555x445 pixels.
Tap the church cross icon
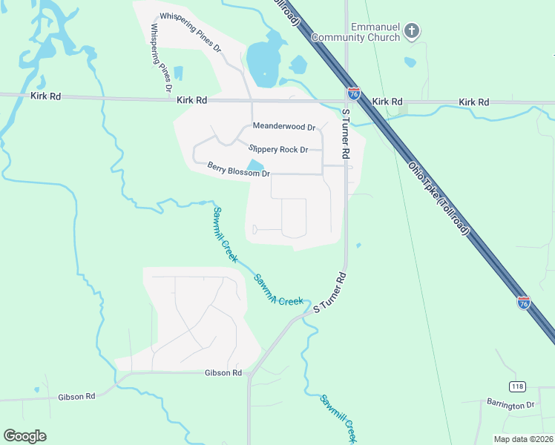tap(413, 31)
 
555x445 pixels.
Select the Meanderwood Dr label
tap(284, 127)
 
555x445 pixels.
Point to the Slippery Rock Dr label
tap(278, 149)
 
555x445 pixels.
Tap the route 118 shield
tap(517, 386)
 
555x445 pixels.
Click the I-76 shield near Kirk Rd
tap(354, 94)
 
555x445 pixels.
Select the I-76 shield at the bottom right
tap(524, 302)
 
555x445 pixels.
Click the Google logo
tap(25, 436)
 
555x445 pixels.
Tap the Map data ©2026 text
tap(523, 439)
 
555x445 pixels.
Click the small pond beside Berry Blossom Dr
tap(254, 165)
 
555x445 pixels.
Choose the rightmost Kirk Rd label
tap(474, 102)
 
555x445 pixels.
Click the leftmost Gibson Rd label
tap(76, 397)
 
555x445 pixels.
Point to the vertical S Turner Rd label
tap(344, 133)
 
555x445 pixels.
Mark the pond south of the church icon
tap(410, 62)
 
